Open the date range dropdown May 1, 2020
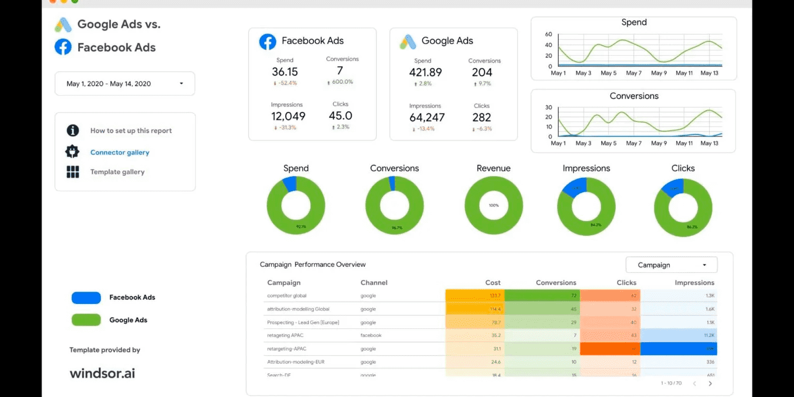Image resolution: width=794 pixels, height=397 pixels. point(125,84)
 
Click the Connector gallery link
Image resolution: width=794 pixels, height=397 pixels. point(119,152)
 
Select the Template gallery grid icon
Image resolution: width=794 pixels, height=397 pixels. point(73,172)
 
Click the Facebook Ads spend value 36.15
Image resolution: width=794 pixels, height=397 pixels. point(285,72)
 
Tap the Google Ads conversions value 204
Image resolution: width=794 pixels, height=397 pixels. point(482,72)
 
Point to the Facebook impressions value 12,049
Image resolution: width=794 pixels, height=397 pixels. point(288,116)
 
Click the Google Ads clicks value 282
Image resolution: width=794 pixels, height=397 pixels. point(481,117)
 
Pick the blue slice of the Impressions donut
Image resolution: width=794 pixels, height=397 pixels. point(575,187)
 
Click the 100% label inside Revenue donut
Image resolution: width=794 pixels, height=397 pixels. point(494,205)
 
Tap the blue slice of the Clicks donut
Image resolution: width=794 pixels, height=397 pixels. point(673,188)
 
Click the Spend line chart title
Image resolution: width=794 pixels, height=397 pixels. point(634,22)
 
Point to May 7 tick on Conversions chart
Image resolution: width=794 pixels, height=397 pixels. point(634,143)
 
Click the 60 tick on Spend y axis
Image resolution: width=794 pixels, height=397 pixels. point(549,35)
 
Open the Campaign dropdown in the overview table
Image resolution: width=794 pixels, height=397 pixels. point(671,265)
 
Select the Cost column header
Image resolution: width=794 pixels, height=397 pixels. point(493,283)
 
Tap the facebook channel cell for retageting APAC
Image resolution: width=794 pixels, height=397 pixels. point(371,335)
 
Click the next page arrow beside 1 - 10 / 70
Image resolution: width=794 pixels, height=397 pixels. point(710,384)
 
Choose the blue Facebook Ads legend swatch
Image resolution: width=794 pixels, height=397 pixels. point(86,297)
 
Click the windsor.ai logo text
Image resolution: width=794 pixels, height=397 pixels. point(102,373)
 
